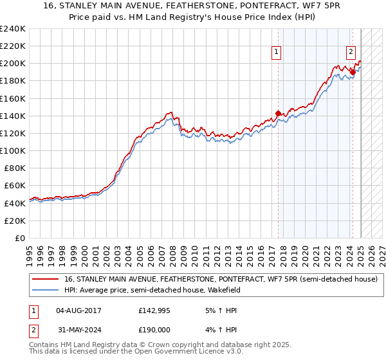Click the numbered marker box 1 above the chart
point(276,53)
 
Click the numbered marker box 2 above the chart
point(351,53)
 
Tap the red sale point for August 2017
point(278,114)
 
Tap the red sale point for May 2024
point(353,72)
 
